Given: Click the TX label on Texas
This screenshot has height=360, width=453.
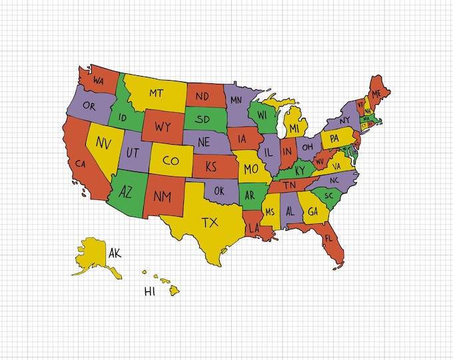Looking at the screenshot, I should point(210,221).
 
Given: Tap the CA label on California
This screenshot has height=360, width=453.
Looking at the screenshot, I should point(81,163).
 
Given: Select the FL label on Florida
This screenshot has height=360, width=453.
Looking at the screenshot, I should point(328,237).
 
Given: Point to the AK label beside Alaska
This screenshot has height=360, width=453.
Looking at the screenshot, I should point(115,253).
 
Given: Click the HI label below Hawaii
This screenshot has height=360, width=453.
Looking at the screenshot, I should point(151,291).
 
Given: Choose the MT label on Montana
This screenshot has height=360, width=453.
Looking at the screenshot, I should point(157,93).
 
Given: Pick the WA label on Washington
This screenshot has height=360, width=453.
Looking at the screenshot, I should point(99,81).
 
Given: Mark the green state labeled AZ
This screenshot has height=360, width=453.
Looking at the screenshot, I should point(125,193).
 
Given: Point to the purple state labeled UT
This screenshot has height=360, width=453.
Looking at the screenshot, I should point(133,153).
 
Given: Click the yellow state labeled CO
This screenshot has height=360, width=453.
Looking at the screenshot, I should point(171,161).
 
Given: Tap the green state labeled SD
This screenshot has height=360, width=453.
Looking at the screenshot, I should point(204,119).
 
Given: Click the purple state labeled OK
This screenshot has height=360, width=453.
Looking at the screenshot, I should point(218,190).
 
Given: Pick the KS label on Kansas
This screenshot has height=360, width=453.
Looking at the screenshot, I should point(213,166).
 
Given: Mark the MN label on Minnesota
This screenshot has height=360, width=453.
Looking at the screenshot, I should point(236,101).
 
